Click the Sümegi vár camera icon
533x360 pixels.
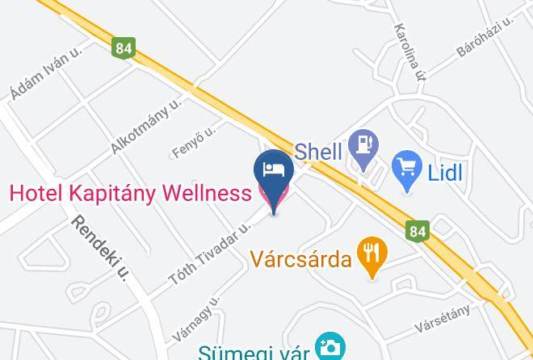click(329, 348)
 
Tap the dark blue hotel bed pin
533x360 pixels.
click(273, 174)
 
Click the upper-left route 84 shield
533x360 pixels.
click(124, 49)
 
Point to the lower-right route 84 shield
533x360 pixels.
click(417, 232)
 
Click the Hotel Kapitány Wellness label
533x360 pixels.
click(130, 194)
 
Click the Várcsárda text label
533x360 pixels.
click(300, 260)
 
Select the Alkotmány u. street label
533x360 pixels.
click(147, 127)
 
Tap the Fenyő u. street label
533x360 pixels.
click(194, 141)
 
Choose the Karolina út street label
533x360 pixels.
click(409, 50)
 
